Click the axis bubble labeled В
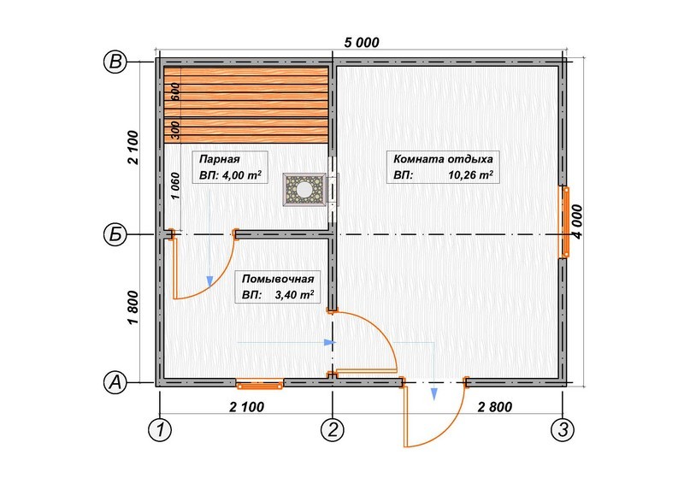(x=115, y=62)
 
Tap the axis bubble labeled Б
(x=115, y=235)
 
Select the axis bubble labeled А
(x=115, y=382)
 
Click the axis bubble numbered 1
(x=160, y=430)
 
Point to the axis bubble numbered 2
(x=333, y=430)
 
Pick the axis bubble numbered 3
(x=563, y=430)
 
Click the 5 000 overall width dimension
(x=362, y=43)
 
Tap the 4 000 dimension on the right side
(x=577, y=221)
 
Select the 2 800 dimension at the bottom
(x=495, y=407)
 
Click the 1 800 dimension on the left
(x=133, y=308)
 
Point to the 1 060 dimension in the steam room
(x=175, y=186)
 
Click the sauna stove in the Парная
(x=304, y=189)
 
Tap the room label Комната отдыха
(x=443, y=158)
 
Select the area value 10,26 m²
(x=471, y=175)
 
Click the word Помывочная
(x=278, y=279)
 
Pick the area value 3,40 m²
(x=294, y=294)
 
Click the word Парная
(x=220, y=159)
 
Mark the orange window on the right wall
(x=565, y=221)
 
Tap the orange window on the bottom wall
(x=260, y=385)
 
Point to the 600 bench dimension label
(x=175, y=91)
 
